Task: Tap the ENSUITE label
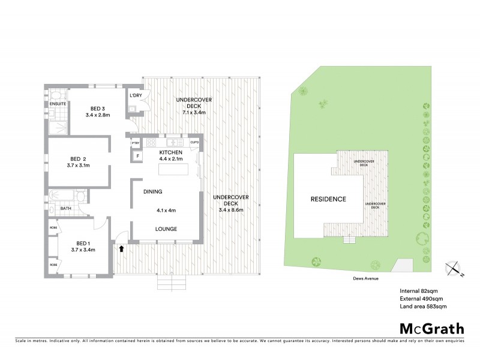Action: pyautogui.click(x=58, y=104)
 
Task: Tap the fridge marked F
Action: pyautogui.click(x=137, y=156)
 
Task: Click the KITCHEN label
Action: pyautogui.click(x=170, y=152)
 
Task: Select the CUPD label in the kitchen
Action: pyautogui.click(x=194, y=142)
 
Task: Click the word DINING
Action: pyautogui.click(x=154, y=191)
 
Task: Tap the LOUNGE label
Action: pyautogui.click(x=166, y=229)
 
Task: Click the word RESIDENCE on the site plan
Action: pyautogui.click(x=328, y=199)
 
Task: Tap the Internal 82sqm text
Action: pyautogui.click(x=419, y=291)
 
